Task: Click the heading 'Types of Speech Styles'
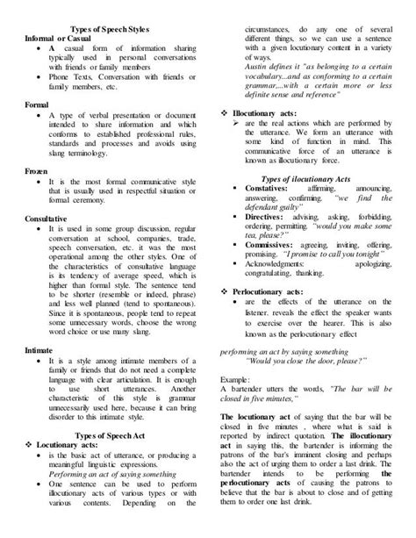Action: (113, 30)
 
